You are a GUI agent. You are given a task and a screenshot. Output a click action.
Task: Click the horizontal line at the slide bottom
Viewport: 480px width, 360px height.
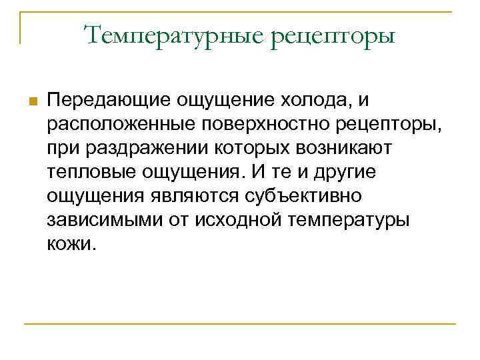(x=239, y=325)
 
